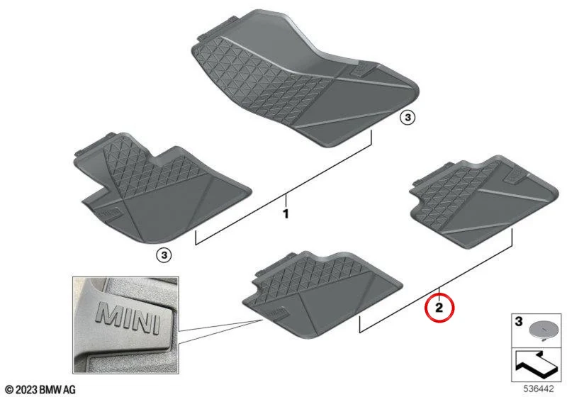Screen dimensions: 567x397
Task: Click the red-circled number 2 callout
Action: click(439, 308)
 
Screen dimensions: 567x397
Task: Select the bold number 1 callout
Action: click(286, 213)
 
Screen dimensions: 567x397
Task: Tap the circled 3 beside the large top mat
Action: click(408, 118)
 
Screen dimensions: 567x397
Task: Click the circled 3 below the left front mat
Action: click(164, 256)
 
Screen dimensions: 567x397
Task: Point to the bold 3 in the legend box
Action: click(519, 321)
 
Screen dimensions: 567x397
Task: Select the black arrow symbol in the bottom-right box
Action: click(537, 364)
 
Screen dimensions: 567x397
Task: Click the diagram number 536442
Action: click(539, 388)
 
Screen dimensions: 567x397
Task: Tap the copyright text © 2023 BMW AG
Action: click(41, 389)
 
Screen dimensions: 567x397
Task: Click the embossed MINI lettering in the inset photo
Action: click(128, 318)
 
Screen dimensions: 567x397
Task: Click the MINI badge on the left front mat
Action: click(110, 213)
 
